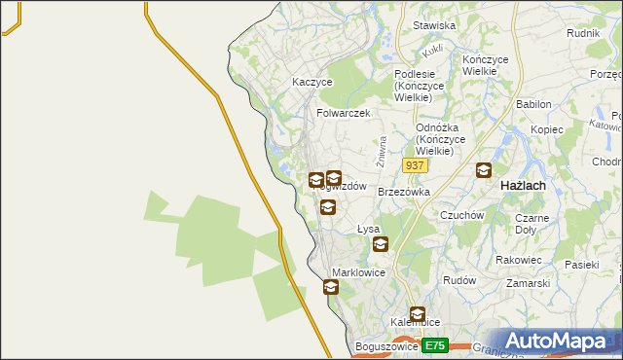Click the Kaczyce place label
coord(312,83)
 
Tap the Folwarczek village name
coord(344,113)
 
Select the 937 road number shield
coord(414,166)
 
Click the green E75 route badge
coord(435,345)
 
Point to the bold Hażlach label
coord(522,185)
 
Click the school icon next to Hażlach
coord(484,171)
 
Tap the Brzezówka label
coord(404,193)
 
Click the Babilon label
coord(534,104)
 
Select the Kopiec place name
coord(547,129)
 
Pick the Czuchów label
coord(462,215)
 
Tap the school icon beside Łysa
coord(381,245)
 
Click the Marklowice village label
coord(359,272)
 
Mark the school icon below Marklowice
coord(331,287)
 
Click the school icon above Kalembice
coord(418,314)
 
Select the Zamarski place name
coord(529,283)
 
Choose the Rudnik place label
coord(582,32)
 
